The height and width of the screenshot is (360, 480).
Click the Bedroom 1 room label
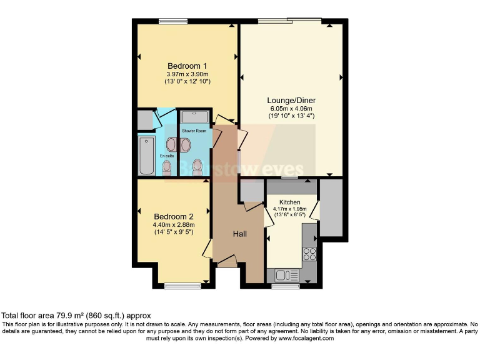pos(187,66)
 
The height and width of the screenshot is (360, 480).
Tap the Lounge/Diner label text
pos(291,101)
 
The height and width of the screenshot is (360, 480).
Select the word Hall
pos(240,234)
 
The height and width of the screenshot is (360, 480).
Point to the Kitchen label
pos(289,202)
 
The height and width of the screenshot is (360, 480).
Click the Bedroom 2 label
pos(174,216)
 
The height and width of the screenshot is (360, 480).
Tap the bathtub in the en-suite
pos(146,155)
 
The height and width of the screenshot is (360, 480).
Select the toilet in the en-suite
pos(167,167)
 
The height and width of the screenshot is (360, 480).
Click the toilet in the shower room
pos(197,167)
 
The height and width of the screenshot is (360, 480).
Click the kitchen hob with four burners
pos(309,254)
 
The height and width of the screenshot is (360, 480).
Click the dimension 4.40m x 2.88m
pos(174,225)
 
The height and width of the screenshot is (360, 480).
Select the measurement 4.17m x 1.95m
pos(289,210)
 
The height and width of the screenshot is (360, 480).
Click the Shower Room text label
pos(194,131)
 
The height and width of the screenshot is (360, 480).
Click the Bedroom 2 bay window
pos(182,286)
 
